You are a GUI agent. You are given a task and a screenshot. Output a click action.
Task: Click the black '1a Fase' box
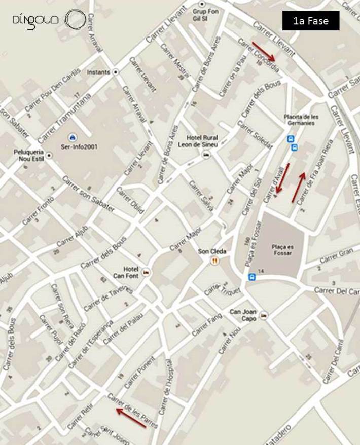[x=311, y=21]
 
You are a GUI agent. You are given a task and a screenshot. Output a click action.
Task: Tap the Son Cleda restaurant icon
[x=215, y=261]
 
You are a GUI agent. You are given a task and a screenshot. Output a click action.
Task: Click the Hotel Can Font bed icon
[x=146, y=272]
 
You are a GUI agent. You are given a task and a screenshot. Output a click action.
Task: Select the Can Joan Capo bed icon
[x=262, y=315]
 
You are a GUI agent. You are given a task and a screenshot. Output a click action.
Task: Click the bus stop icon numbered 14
[x=252, y=277]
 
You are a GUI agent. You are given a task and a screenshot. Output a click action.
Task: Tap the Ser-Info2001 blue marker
[x=72, y=137]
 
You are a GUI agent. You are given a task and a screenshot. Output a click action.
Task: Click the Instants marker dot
[x=116, y=72]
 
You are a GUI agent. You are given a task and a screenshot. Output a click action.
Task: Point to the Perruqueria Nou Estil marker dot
[x=49, y=155]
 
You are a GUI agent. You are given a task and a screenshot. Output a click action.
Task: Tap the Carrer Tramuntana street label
[x=64, y=118]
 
